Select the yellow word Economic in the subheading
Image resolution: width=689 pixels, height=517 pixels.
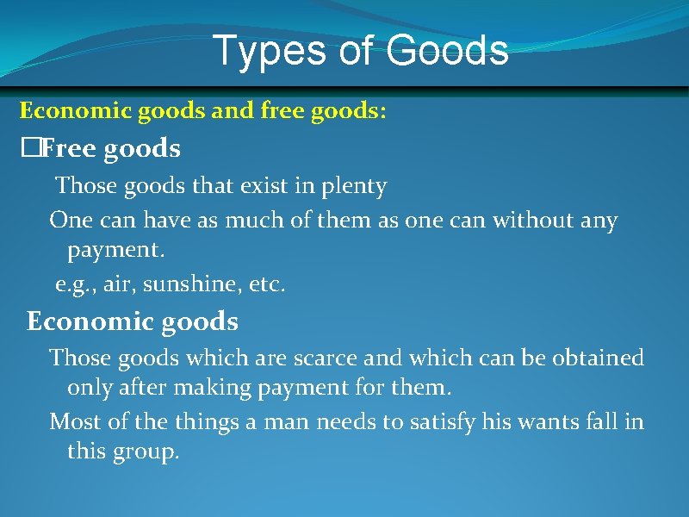click(x=67, y=110)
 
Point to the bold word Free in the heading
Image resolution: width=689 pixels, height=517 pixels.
click(x=69, y=149)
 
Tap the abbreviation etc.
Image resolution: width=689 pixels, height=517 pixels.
click(x=265, y=284)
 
